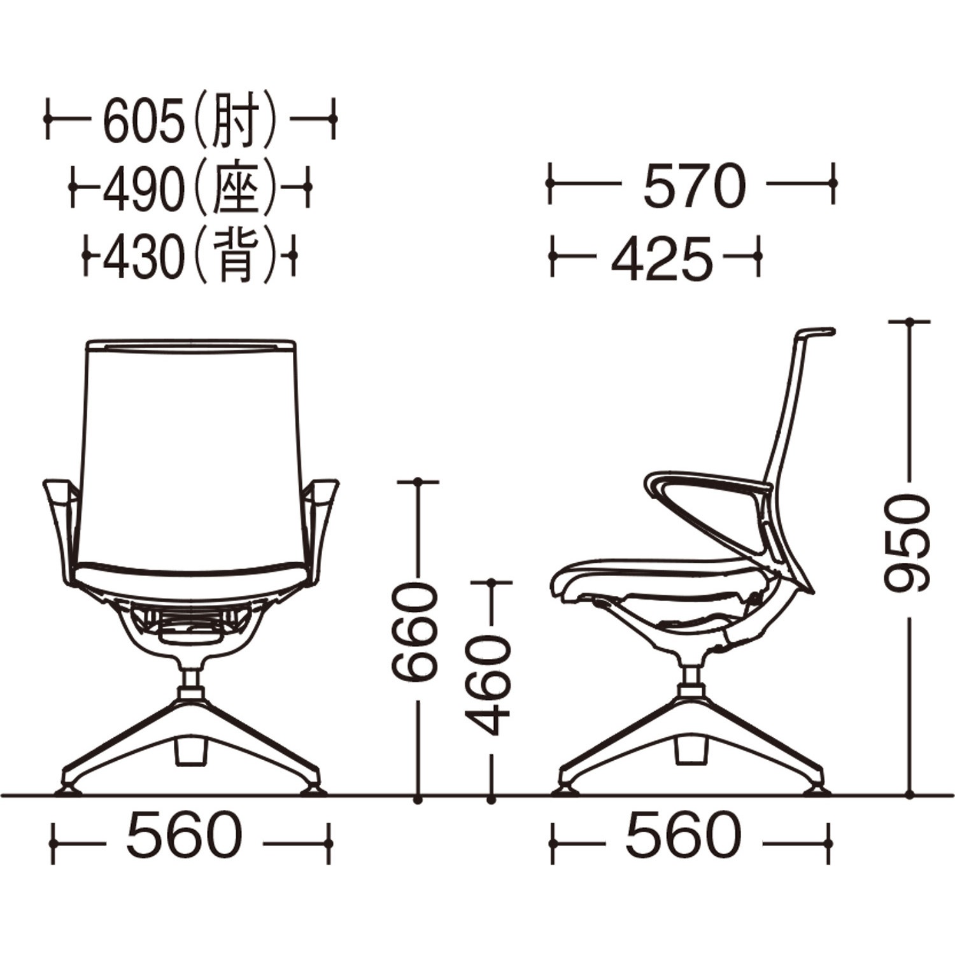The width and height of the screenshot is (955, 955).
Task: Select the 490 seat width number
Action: click(x=142, y=190)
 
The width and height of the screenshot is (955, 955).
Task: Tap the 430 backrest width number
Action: click(x=142, y=258)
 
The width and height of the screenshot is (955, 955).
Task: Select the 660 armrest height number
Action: click(x=415, y=633)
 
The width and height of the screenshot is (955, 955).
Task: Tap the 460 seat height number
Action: click(x=488, y=685)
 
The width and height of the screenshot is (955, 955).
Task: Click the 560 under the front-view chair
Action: click(x=185, y=835)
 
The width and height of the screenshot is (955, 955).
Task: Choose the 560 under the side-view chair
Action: click(x=684, y=835)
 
